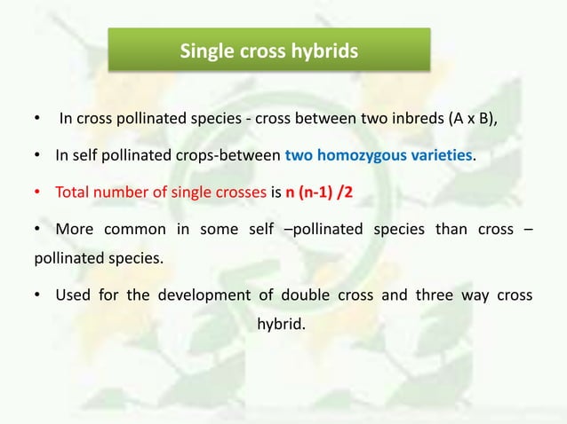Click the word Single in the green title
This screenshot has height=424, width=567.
(206, 51)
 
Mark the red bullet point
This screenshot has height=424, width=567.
(38, 192)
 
